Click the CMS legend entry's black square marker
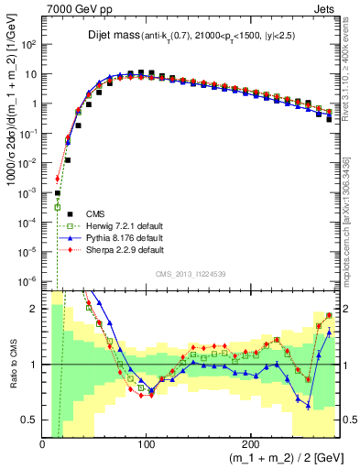pyautogui.click(x=57, y=213)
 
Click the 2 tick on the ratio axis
pyautogui.click(x=35, y=309)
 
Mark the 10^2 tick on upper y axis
pyautogui.click(x=29, y=44)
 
